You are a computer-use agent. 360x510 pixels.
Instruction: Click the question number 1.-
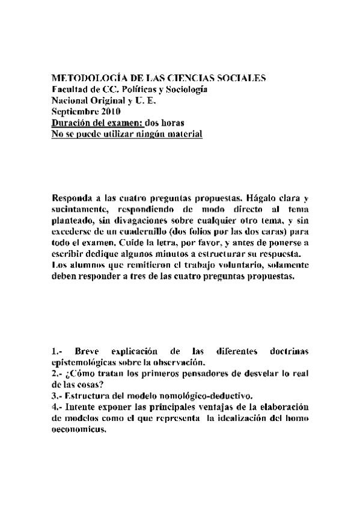58,352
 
